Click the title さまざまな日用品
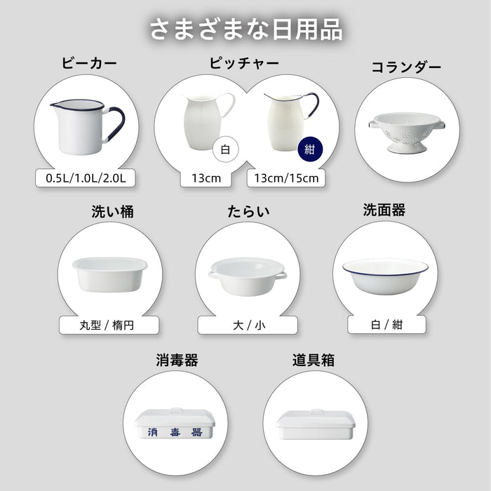tap(245, 29)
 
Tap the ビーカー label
tap(89, 63)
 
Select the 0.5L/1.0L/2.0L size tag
tap(86, 178)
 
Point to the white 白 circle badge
tap(224, 149)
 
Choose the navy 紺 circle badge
tap(308, 149)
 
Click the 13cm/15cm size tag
tap(286, 178)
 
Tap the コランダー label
tap(406, 67)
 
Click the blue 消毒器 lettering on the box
tap(175, 432)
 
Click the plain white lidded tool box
tap(312, 424)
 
